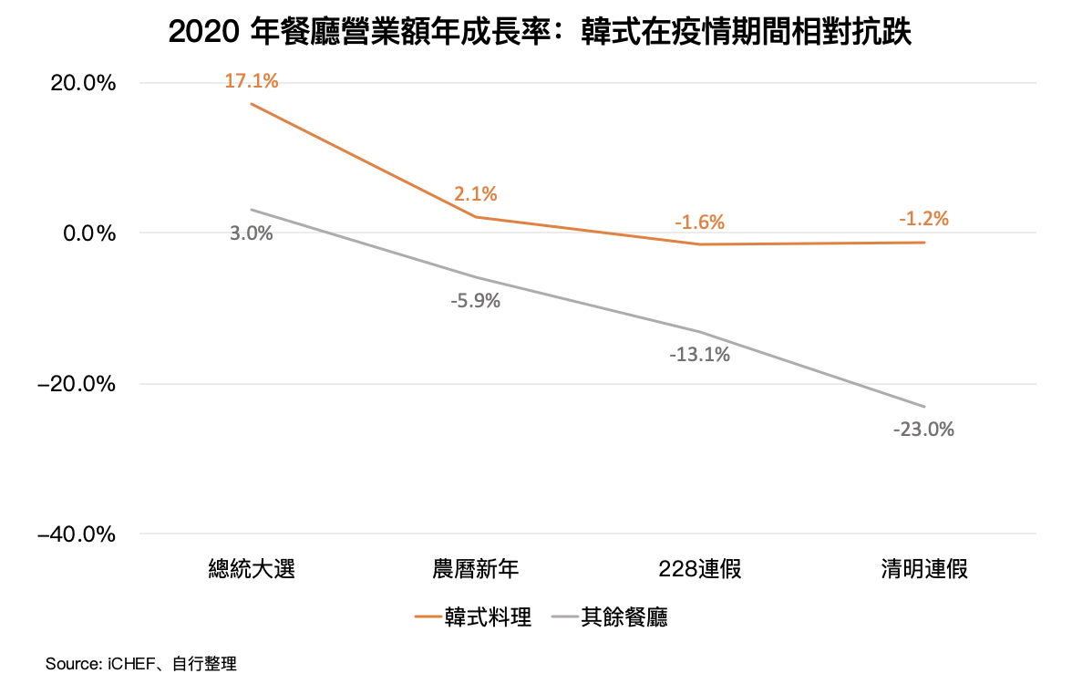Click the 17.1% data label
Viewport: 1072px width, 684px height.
[252, 81]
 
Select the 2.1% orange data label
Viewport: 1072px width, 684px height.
[476, 193]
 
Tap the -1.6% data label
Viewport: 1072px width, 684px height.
[700, 222]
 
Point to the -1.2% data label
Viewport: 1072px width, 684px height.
[924, 219]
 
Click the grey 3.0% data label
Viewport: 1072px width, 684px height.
[252, 233]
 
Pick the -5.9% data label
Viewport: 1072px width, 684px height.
[476, 300]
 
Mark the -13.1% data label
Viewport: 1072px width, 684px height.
[700, 355]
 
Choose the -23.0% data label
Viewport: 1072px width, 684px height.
[924, 429]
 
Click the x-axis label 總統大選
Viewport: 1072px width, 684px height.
[252, 570]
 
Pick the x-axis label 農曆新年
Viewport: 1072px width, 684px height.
[476, 570]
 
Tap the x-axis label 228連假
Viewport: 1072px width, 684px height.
[700, 570]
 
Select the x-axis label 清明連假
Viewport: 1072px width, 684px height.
[924, 570]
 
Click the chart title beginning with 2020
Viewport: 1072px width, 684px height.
[541, 34]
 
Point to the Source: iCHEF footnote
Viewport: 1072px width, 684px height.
[141, 664]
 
